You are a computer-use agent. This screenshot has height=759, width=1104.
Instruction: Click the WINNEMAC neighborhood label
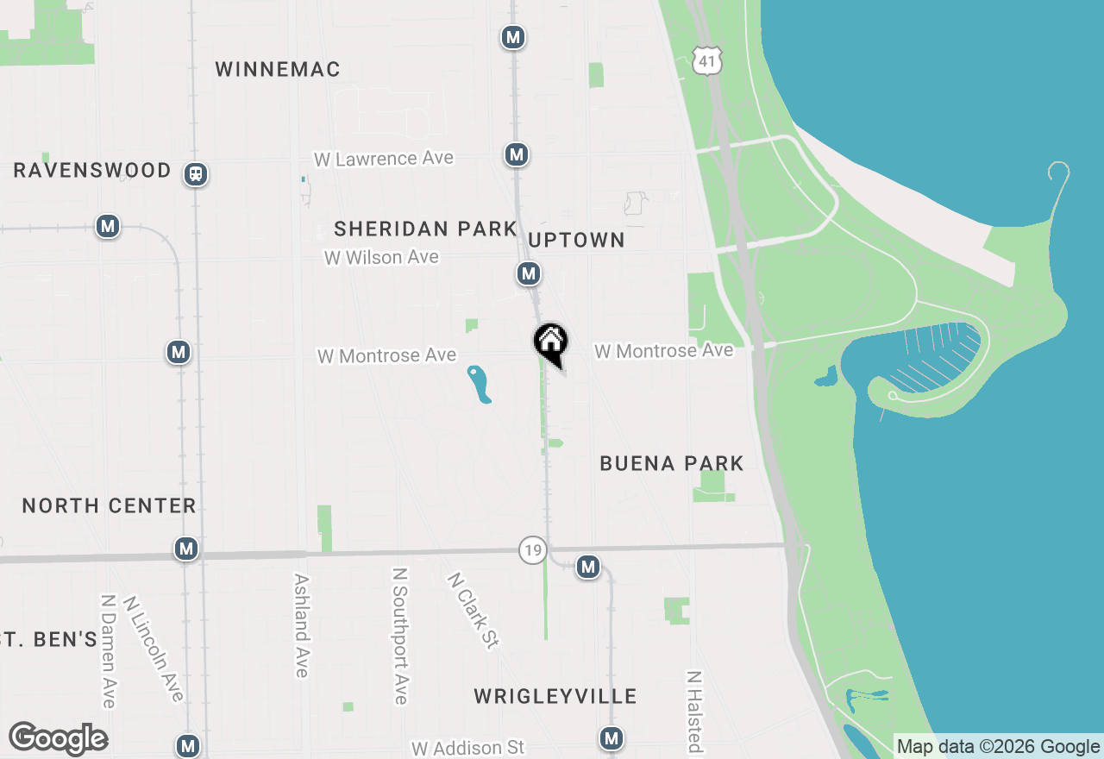278,69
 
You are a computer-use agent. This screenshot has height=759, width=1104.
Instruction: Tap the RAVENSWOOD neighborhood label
92,170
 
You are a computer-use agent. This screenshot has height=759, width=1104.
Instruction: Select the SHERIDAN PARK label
425,229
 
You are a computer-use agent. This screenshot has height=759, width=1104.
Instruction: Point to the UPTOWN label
576,240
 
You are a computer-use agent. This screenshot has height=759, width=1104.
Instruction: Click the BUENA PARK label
671,463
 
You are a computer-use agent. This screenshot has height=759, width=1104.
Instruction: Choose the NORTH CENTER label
109,505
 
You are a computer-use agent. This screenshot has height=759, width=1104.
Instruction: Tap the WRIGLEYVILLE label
555,696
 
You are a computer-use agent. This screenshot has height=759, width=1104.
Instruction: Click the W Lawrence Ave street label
384,159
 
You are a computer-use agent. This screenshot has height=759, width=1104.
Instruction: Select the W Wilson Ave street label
381,257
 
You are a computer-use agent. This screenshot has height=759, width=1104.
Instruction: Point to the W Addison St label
467,748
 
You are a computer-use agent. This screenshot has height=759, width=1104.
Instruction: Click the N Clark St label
473,611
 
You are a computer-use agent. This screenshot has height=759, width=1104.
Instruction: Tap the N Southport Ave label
399,636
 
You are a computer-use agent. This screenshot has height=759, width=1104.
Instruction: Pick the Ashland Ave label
301,625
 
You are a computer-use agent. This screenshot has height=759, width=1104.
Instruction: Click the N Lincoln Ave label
154,648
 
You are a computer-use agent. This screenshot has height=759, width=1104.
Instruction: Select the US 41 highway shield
707,60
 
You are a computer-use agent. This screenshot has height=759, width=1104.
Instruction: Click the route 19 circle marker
533,549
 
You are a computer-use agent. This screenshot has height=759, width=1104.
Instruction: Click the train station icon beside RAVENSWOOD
197,174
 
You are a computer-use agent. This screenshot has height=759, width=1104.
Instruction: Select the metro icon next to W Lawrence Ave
516,154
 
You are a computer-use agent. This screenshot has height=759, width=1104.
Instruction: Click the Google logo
59,739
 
